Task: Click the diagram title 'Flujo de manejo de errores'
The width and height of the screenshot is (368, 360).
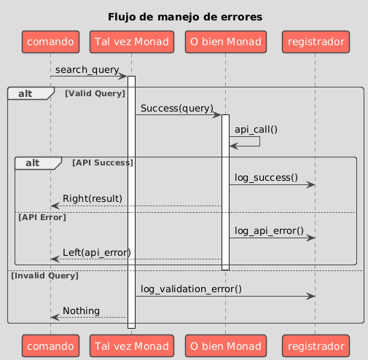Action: (x=185, y=17)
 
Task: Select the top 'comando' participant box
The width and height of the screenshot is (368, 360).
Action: (x=50, y=42)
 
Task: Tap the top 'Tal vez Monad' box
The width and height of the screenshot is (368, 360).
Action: (x=132, y=42)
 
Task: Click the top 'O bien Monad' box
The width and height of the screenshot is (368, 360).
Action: (x=226, y=42)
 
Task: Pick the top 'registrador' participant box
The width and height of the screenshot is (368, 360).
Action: (x=316, y=42)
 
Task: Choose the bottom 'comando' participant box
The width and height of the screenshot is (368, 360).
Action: (x=50, y=346)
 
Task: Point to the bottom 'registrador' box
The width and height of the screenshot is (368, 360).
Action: (x=316, y=346)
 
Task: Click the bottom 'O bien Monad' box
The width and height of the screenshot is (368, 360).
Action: (x=226, y=346)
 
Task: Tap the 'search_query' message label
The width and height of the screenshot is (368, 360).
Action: (x=87, y=70)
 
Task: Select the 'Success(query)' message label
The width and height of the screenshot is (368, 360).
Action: (x=177, y=109)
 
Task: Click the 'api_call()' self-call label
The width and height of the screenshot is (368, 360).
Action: (x=256, y=130)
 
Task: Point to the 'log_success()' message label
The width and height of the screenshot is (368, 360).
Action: (x=266, y=178)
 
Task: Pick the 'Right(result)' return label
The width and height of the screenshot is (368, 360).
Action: (x=93, y=199)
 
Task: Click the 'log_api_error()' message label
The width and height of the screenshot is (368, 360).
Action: (x=269, y=231)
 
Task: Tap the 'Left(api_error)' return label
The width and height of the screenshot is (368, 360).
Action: (x=97, y=253)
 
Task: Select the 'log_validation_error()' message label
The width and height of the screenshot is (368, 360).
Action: (x=191, y=289)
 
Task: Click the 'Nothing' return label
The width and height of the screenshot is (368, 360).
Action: (x=81, y=311)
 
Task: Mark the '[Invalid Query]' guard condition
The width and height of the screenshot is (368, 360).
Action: (x=45, y=275)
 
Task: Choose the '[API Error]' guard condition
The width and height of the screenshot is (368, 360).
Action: (x=42, y=217)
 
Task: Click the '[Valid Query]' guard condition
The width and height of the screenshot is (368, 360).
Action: (x=95, y=93)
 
